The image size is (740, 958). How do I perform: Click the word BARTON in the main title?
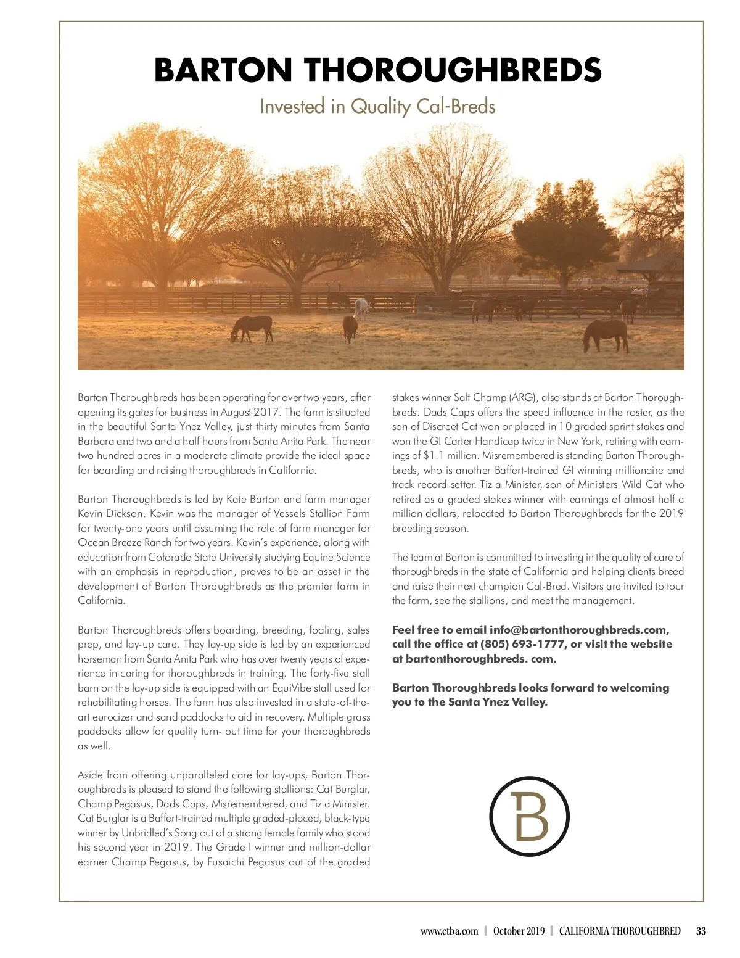(x=223, y=70)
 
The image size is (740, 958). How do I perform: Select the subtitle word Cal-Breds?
(x=456, y=107)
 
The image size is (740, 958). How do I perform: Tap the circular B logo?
(x=529, y=816)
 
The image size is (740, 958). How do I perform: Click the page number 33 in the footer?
(x=701, y=931)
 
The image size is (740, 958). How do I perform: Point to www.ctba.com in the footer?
(x=449, y=931)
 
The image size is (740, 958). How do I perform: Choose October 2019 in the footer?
(x=519, y=931)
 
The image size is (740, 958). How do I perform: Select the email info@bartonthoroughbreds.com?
(x=579, y=630)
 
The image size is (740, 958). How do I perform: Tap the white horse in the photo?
(x=361, y=307)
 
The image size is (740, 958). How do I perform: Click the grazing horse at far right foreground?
(x=606, y=335)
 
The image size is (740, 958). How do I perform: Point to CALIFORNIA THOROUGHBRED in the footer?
(x=620, y=931)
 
